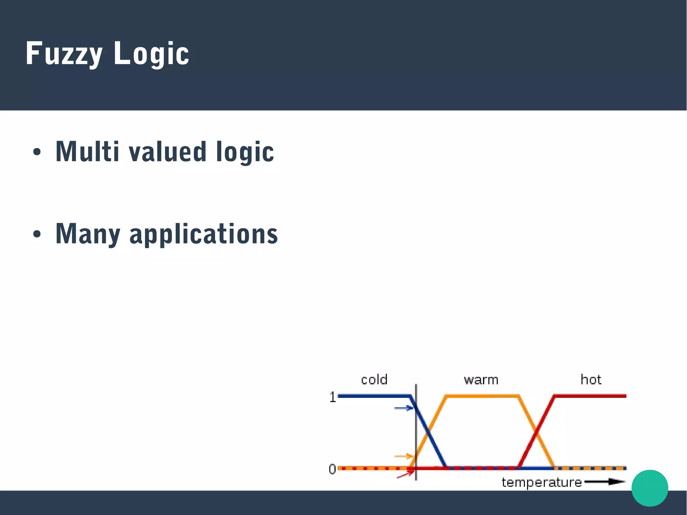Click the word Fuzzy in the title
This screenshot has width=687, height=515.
64,54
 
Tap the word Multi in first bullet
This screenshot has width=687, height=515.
87,152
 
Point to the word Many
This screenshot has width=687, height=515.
88,234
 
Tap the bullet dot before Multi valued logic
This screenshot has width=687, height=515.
37,152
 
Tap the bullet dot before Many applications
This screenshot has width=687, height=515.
37,234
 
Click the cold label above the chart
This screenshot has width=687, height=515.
374,380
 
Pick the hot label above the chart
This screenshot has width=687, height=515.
591,379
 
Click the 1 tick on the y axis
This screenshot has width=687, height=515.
332,397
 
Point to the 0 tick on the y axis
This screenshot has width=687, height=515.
332,469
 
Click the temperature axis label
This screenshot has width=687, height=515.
541,482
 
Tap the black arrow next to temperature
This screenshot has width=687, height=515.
605,482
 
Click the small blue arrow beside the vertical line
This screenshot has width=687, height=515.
404,408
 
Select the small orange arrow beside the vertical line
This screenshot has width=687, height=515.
404,456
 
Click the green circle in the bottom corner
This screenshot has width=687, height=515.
650,488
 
